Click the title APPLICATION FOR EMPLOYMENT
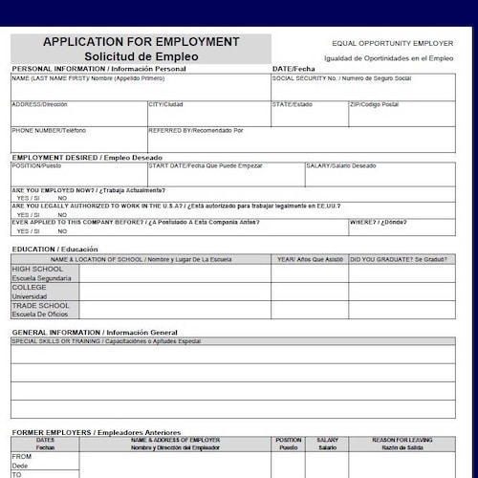[141, 42]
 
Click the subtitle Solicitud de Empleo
[141, 56]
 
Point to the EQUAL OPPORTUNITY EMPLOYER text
[392, 44]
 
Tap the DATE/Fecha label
[293, 69]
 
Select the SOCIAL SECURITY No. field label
[341, 78]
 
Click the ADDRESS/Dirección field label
[39, 104]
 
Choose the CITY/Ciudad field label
[165, 104]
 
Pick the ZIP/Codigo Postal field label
[374, 104]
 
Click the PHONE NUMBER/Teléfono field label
[49, 130]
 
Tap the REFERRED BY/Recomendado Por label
[196, 130]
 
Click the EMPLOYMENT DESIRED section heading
[87, 157]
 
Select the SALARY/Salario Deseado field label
[341, 166]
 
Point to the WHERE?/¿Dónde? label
[378, 221]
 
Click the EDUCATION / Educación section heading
[54, 249]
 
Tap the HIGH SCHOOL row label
[37, 270]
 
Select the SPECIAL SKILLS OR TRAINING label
[106, 341]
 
